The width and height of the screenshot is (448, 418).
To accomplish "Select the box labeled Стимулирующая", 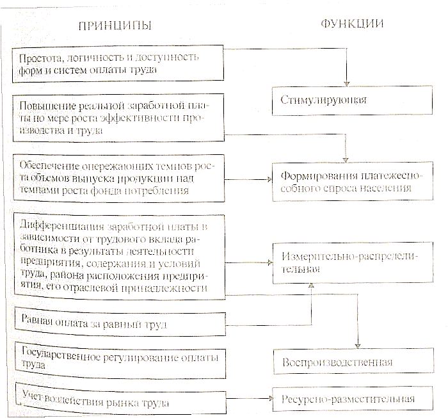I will pyautogui.click(x=346, y=100).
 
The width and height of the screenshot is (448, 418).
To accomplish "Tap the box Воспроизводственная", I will pyautogui.click(x=346, y=362).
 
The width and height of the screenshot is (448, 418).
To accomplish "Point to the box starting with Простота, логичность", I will pyautogui.click(x=119, y=63).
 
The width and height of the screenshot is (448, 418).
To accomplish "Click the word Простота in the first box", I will pyautogui.click(x=36, y=57).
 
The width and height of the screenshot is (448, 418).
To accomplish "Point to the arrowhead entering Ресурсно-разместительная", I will pyautogui.click(x=268, y=399).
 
